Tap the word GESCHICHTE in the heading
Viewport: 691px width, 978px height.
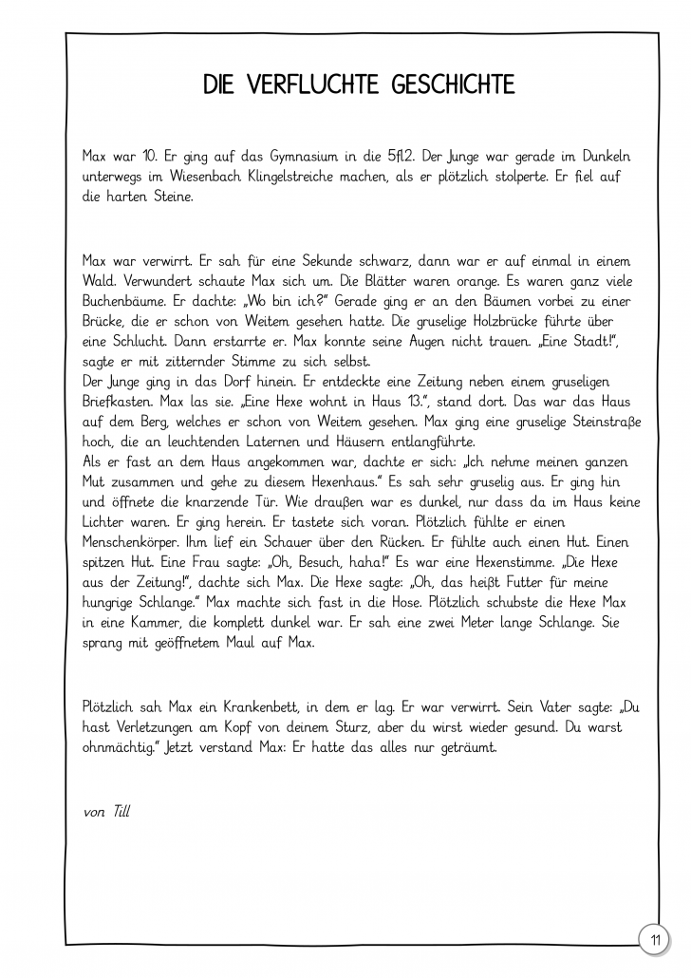tap(453, 86)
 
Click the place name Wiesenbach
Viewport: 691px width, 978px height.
tap(200, 176)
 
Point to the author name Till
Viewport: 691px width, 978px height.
tap(121, 811)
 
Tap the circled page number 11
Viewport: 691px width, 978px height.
tap(654, 940)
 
